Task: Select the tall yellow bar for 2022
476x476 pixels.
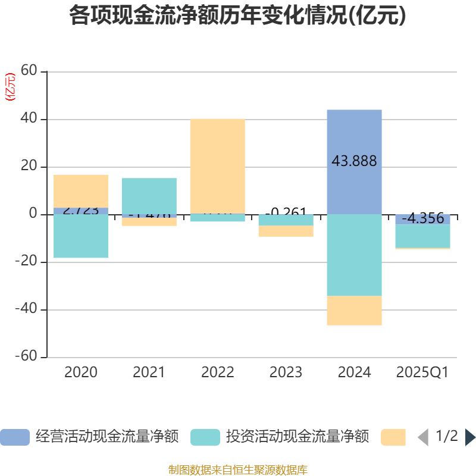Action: [217, 166]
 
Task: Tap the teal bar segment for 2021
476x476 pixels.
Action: [149, 196]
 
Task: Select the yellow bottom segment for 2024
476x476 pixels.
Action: [354, 311]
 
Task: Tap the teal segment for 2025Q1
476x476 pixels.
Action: [422, 236]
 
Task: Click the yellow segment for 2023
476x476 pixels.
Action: [286, 231]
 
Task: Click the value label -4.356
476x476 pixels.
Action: [422, 218]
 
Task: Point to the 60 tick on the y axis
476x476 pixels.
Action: [29, 71]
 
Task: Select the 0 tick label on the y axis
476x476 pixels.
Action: [33, 214]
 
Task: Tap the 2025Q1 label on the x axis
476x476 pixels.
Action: [422, 372]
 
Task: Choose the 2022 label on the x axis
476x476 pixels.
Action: [217, 372]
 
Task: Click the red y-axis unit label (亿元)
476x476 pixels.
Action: [10, 87]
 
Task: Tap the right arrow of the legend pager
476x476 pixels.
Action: [470, 437]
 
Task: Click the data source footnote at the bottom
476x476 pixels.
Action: [238, 470]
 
